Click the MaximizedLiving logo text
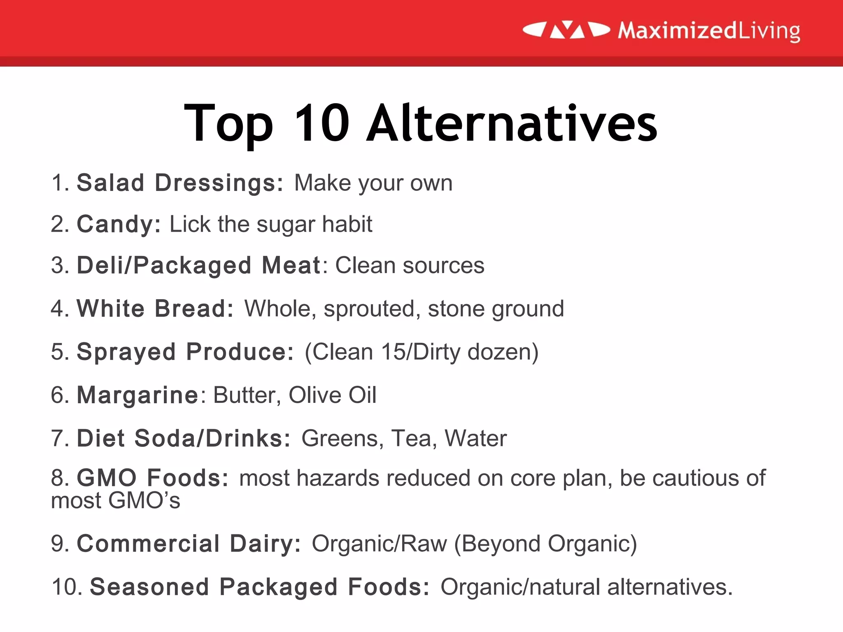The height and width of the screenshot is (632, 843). click(x=709, y=31)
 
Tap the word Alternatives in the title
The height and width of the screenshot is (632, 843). click(x=512, y=123)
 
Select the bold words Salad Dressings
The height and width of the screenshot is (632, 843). click(x=180, y=183)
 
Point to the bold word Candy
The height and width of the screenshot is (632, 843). click(x=119, y=225)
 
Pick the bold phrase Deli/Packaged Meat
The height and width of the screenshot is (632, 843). click(x=198, y=265)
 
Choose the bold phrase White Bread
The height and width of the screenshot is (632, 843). click(x=155, y=309)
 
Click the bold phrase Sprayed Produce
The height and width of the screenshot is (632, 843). click(x=185, y=352)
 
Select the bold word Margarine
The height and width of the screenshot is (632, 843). click(x=138, y=395)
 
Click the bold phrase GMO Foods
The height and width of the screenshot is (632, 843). click(x=152, y=478)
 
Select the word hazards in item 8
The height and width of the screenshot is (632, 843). click(x=338, y=478)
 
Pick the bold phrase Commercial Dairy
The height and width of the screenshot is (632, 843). click(x=189, y=544)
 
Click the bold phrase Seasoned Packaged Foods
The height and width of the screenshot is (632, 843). click(x=260, y=587)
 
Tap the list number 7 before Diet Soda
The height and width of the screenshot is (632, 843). click(x=57, y=438)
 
